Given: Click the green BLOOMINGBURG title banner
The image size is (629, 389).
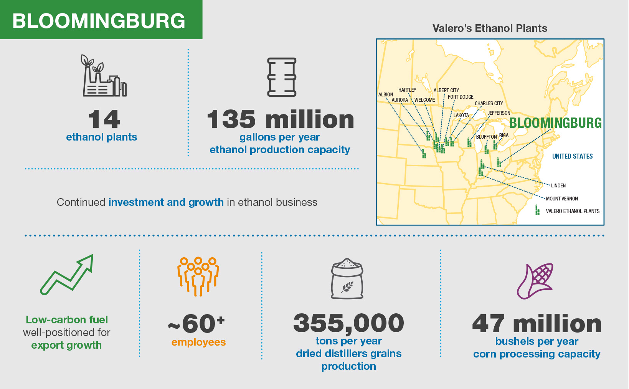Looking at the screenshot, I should coord(101,20).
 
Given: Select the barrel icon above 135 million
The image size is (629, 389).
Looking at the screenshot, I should coord(282,77).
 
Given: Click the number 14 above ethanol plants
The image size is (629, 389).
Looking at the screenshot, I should coord(104,119).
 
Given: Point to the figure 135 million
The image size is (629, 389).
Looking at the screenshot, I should coord(280,119).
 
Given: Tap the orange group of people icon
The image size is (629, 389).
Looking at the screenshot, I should coord(198,276).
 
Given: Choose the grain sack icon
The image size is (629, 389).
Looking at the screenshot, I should coord(347,279).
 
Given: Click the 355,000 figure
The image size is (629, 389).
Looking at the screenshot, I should coord(348,323).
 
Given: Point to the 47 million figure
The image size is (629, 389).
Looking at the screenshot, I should coord(537,324).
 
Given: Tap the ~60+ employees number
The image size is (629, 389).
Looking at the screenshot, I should coord(196,324).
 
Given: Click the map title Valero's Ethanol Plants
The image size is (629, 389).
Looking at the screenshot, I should coord(490,28).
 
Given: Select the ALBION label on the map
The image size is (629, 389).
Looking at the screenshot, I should coord(385,94).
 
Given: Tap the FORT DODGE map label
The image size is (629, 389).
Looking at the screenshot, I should coord(461,97).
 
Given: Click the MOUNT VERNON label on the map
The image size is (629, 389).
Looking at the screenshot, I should coord(562,199).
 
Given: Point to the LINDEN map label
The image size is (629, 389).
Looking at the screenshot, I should coord(558,185).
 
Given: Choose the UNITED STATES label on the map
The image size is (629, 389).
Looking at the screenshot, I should coord(572,156).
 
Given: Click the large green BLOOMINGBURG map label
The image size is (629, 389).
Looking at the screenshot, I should coord(555,123).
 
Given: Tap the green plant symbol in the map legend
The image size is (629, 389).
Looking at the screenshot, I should coord(537,210).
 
